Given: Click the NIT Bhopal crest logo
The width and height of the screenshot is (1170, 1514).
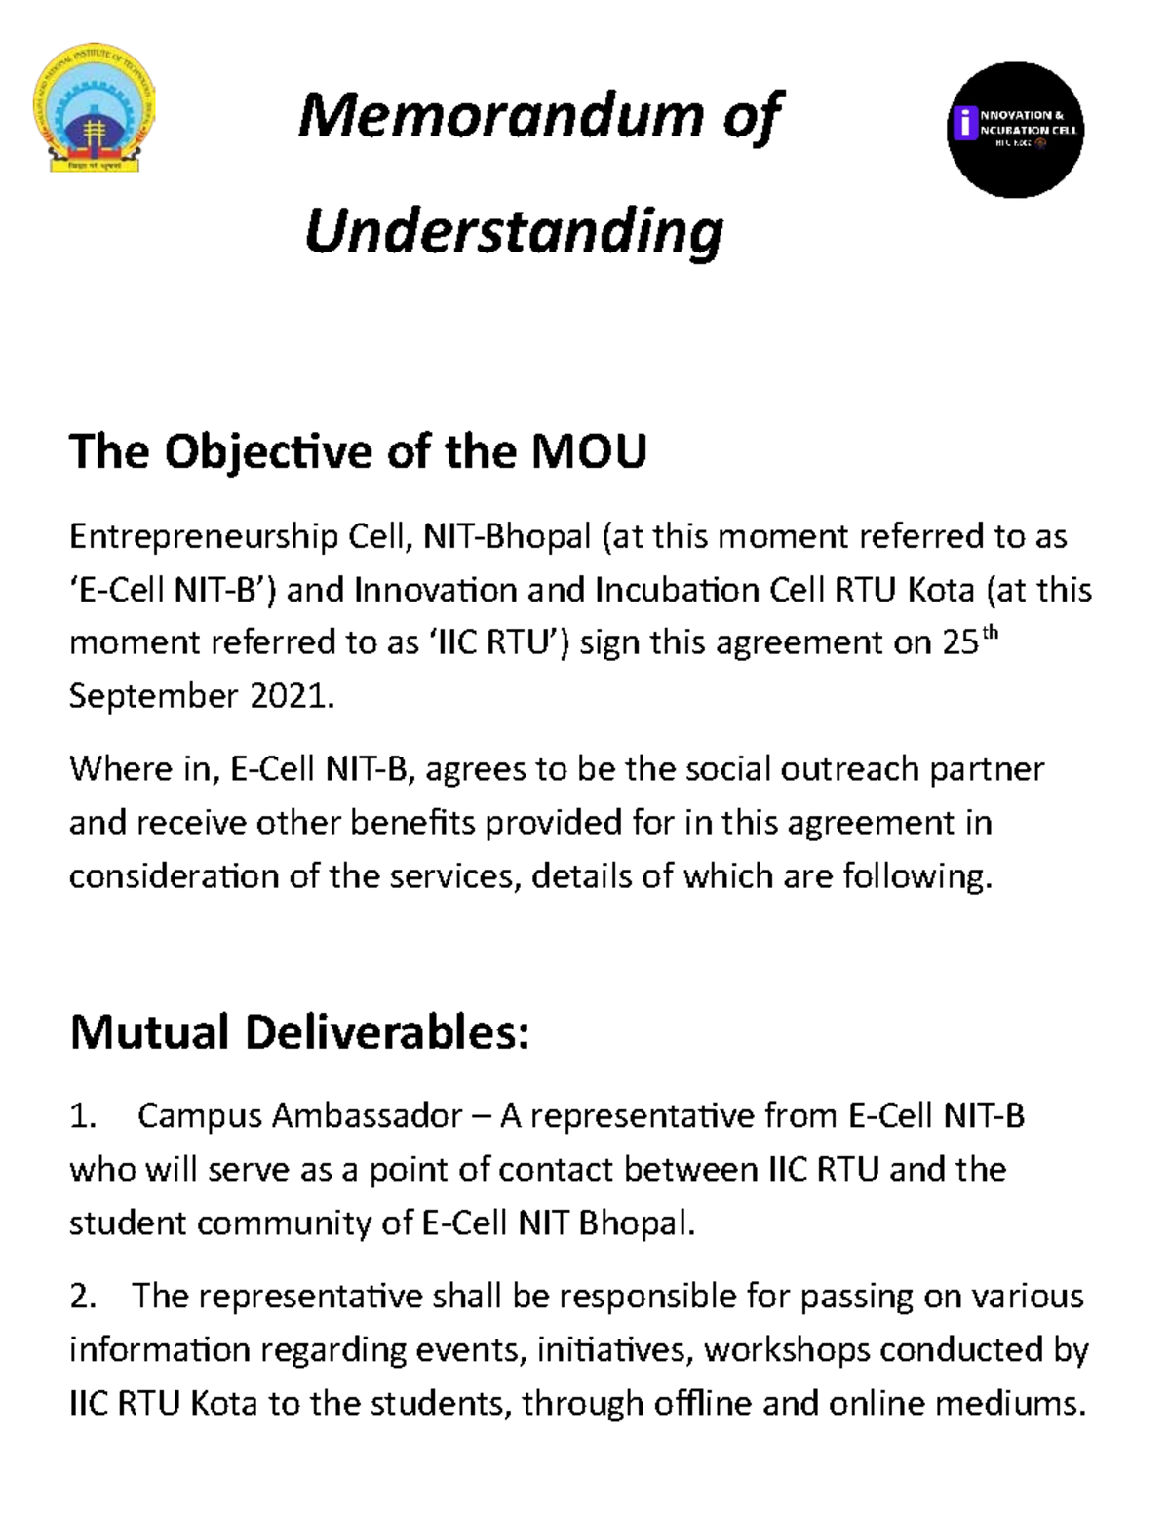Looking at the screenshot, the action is tap(95, 108).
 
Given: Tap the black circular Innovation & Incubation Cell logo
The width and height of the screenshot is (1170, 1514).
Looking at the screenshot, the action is tap(1015, 130).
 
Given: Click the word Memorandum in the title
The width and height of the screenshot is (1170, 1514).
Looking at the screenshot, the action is tap(499, 117).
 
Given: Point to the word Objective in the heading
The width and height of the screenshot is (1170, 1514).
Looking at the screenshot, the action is tap(270, 452).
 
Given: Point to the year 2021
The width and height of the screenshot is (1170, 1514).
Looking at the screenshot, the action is tap(292, 696).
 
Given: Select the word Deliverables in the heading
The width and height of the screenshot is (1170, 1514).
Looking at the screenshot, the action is tap(387, 1032).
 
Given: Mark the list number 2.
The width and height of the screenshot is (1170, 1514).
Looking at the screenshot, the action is tap(82, 1297).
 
